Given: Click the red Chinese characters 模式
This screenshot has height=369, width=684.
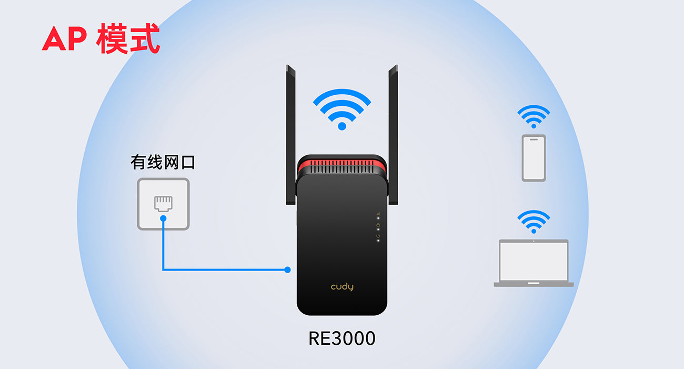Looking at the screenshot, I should (x=128, y=38).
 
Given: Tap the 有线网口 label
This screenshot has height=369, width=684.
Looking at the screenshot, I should (x=163, y=162).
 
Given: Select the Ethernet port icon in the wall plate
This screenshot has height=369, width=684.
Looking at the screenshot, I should (x=163, y=203).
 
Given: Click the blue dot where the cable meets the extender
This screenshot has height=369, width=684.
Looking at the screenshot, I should (x=287, y=270).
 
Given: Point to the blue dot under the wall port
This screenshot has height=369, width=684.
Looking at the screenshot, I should (x=163, y=217).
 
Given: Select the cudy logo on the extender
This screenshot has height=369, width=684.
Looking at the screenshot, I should (x=342, y=287).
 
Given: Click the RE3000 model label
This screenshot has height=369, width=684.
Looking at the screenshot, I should (x=342, y=338).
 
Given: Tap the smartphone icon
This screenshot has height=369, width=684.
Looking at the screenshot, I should (x=534, y=158).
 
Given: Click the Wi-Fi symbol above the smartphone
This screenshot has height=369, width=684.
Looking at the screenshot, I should (x=534, y=116).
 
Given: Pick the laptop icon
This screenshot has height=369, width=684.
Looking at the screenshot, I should (x=534, y=263).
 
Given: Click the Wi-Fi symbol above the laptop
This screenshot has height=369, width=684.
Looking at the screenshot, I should (x=534, y=222).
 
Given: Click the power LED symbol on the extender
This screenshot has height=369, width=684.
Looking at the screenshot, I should (x=378, y=236).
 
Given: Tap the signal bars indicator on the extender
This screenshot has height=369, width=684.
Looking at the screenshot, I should (x=378, y=214).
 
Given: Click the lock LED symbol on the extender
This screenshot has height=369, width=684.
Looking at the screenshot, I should (x=378, y=225).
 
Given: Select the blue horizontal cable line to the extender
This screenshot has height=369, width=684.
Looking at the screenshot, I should (x=226, y=270).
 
